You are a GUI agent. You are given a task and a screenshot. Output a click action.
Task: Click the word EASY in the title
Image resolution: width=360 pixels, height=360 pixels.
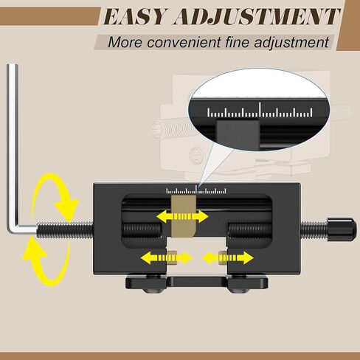135,16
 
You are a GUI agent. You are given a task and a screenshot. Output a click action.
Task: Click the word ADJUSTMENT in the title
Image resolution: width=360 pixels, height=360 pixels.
257,16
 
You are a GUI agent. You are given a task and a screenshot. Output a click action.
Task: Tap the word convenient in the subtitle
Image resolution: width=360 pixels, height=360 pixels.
184,42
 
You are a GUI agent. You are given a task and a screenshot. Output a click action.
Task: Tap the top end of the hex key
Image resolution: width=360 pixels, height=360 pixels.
13,66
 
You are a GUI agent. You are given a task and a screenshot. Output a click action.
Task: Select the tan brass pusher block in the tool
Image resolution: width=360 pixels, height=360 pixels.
184,216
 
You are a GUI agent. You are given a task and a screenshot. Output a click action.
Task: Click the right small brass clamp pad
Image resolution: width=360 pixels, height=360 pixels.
224,257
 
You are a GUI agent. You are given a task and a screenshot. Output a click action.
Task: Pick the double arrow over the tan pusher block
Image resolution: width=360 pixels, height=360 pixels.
182,217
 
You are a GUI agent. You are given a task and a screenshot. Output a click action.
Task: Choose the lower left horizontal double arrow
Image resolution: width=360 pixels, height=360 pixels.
167,257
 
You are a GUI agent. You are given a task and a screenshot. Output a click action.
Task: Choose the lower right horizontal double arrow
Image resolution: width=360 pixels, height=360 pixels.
227,257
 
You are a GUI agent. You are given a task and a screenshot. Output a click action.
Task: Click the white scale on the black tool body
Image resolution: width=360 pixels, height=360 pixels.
196,190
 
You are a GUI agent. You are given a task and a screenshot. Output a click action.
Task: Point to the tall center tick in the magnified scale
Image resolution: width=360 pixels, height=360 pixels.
260,110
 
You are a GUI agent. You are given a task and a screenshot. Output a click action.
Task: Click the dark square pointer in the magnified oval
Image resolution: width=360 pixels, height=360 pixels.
238,134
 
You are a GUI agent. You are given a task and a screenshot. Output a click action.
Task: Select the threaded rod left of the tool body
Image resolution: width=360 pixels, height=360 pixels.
66,229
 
